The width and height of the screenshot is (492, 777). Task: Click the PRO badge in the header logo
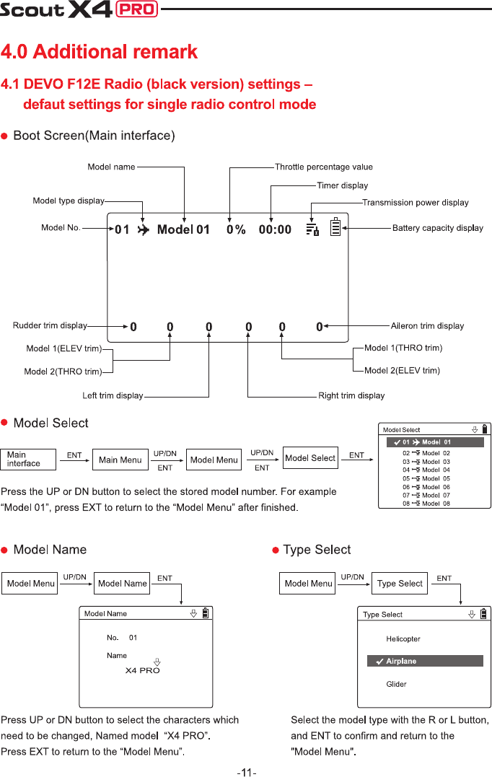click(x=137, y=9)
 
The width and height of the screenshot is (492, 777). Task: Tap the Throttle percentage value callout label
click(x=323, y=167)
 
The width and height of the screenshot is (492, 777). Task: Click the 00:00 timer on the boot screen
click(x=275, y=229)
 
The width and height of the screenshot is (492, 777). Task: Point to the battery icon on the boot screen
click(x=335, y=227)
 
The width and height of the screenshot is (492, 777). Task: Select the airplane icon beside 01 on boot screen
click(x=143, y=230)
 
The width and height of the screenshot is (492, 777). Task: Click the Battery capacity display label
click(x=437, y=228)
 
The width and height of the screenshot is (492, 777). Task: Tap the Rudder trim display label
click(x=50, y=325)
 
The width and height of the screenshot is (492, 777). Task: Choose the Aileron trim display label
click(x=427, y=326)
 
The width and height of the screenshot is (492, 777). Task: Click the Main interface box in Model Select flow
click(x=31, y=460)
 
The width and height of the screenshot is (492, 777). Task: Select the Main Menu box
click(x=120, y=460)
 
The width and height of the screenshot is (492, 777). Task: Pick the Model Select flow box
click(x=311, y=458)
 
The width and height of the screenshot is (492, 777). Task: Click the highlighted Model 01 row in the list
click(x=435, y=442)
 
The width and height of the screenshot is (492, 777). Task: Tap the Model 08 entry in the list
click(x=426, y=504)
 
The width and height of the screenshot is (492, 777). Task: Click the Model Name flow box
click(x=123, y=583)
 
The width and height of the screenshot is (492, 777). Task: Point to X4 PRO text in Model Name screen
click(x=143, y=670)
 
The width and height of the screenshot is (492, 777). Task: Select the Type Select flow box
click(x=400, y=583)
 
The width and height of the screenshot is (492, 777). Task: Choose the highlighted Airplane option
click(x=425, y=661)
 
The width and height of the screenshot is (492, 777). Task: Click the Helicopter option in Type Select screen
click(x=403, y=638)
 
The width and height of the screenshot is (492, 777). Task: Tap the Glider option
click(x=396, y=684)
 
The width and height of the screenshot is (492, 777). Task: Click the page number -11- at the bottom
click(x=246, y=772)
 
